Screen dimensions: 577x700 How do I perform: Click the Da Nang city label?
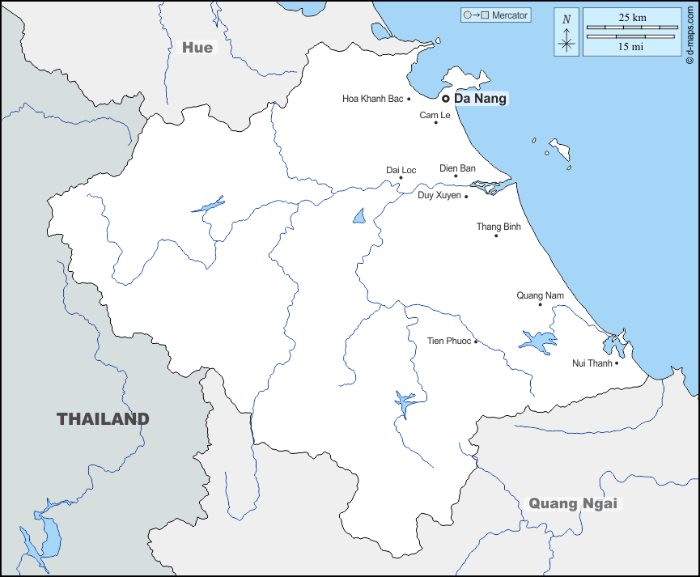[x=481, y=99]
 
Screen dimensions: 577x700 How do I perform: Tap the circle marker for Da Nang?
[x=445, y=99]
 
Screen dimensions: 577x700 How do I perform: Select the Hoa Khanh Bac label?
[x=372, y=99]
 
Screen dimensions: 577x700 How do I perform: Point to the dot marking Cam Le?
[x=436, y=122]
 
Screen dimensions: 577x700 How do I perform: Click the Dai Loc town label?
[x=401, y=170]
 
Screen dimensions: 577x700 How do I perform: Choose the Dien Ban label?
[x=457, y=168]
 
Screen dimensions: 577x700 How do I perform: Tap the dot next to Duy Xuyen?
[x=466, y=196]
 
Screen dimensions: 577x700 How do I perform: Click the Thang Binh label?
[x=498, y=227]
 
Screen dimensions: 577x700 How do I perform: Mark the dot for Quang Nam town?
[x=540, y=304]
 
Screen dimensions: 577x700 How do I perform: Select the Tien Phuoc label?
[x=448, y=341]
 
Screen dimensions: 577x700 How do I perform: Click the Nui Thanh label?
[x=592, y=363]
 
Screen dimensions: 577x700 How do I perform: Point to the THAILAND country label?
[x=103, y=419]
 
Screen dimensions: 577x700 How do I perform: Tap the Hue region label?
[x=197, y=48]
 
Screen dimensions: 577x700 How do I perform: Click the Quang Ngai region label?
[x=573, y=503]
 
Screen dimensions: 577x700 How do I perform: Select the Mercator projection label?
[x=510, y=15]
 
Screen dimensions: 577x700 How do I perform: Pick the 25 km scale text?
[x=631, y=17]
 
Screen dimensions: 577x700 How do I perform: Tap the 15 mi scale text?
[x=631, y=47]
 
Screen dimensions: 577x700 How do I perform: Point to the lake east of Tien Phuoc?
[x=537, y=340]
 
